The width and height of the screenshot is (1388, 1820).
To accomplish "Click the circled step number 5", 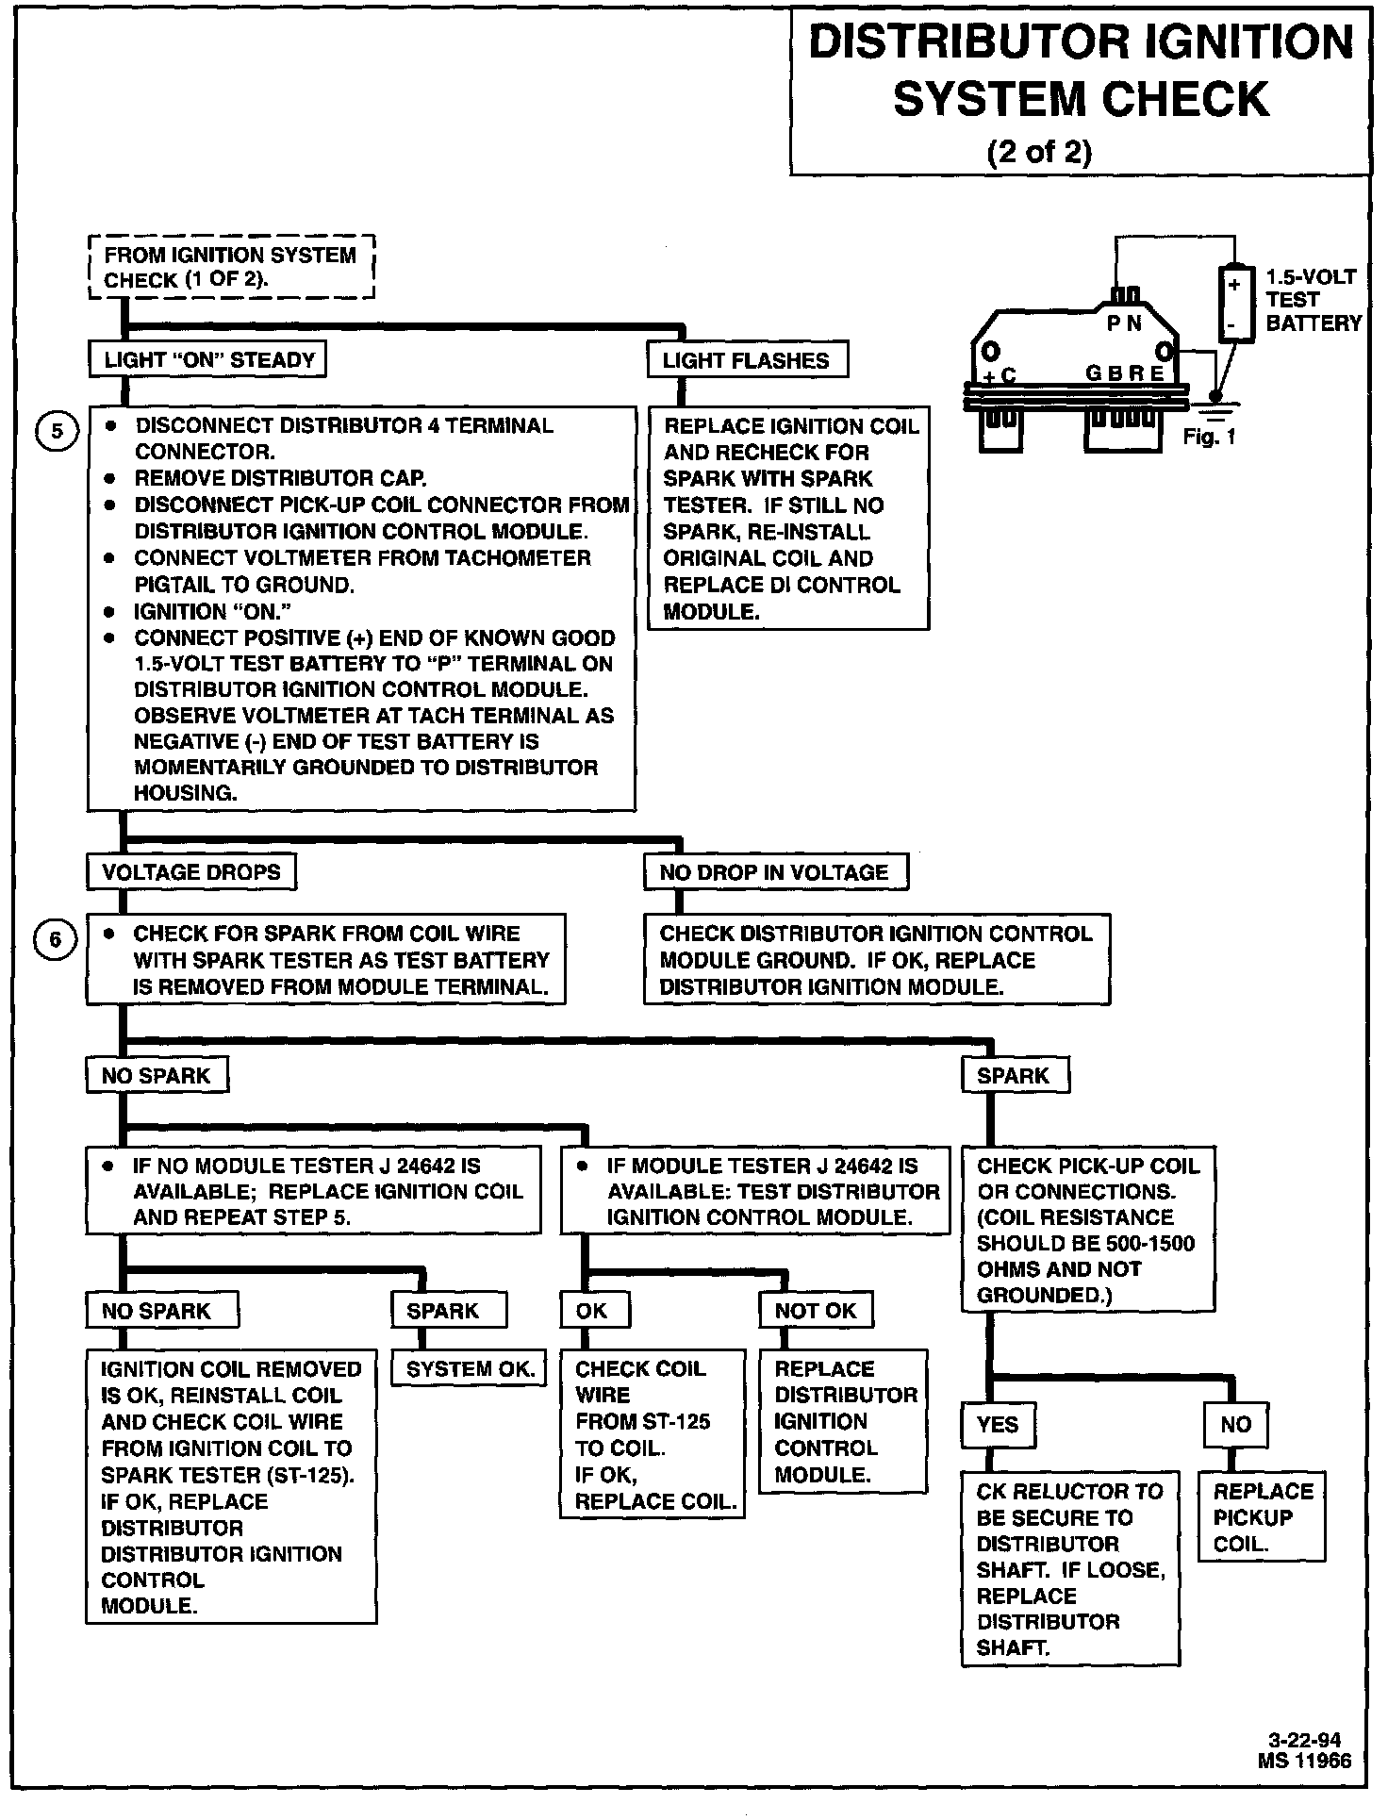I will tap(56, 432).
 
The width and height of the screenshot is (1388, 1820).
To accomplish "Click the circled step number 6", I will tap(56, 940).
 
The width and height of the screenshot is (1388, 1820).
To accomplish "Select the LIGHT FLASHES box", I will tap(747, 360).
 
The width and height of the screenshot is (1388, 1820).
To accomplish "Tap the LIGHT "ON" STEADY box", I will tap(207, 360).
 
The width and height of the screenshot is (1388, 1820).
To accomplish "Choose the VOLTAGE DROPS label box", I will tap(190, 872).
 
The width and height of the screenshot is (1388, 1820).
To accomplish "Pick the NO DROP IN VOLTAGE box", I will tap(775, 872).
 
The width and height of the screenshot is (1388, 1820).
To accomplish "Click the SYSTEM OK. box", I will tap(470, 1369).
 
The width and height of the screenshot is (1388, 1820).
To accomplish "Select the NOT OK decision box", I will tap(816, 1311).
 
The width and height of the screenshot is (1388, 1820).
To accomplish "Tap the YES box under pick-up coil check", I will tap(998, 1424).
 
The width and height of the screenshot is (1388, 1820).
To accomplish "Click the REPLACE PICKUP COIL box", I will tap(1262, 1517).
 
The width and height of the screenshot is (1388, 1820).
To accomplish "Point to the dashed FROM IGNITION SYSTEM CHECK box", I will tap(231, 268).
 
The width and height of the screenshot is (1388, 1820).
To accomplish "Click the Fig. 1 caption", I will tap(1209, 438).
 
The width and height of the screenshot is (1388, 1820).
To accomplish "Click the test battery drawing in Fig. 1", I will tap(1236, 304).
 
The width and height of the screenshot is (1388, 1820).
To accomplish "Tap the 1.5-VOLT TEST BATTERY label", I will tap(1312, 300).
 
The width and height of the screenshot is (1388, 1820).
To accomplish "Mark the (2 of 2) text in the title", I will tap(1039, 152).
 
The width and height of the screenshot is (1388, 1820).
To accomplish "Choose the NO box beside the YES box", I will tap(1235, 1424).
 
